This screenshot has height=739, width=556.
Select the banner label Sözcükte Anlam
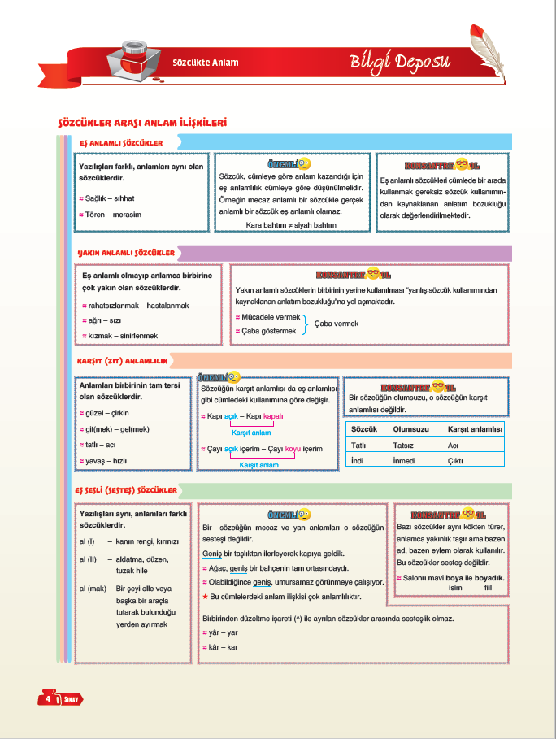(206, 63)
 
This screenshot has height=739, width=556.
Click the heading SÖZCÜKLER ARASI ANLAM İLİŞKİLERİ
(141, 123)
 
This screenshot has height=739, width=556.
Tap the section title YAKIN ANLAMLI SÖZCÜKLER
(127, 253)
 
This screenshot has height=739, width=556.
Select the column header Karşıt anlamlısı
(471, 429)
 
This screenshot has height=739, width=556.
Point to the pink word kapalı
(274, 415)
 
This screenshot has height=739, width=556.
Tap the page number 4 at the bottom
(49, 698)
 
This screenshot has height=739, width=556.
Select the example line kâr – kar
(222, 647)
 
